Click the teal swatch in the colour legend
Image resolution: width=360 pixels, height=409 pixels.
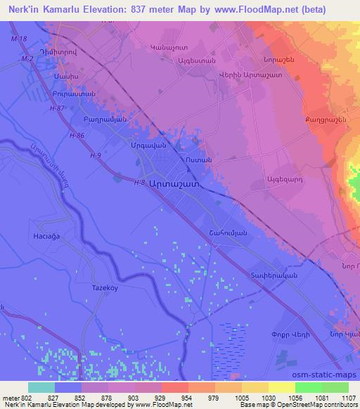(41, 387)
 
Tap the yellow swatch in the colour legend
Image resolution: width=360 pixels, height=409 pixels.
(281, 387)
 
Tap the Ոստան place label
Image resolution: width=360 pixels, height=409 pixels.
(195, 160)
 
